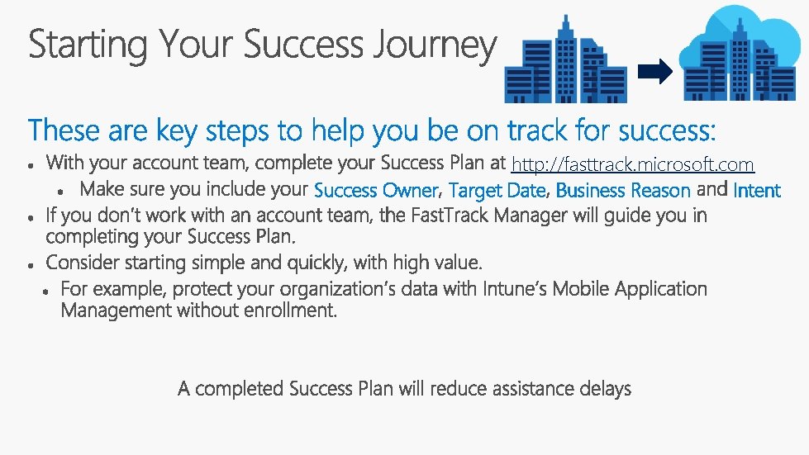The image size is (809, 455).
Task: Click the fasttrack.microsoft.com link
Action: click(x=632, y=164)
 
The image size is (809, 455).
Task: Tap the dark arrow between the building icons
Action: click(x=654, y=73)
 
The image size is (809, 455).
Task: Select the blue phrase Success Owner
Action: click(x=376, y=191)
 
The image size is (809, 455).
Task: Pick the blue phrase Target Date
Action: click(x=497, y=191)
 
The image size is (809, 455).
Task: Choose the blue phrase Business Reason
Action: click(x=623, y=191)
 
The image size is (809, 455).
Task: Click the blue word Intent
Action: click(x=756, y=191)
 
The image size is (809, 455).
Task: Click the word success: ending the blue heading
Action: click(x=668, y=130)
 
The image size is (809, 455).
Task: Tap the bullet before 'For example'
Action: click(x=45, y=291)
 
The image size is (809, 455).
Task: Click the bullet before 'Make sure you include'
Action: click(x=61, y=191)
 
